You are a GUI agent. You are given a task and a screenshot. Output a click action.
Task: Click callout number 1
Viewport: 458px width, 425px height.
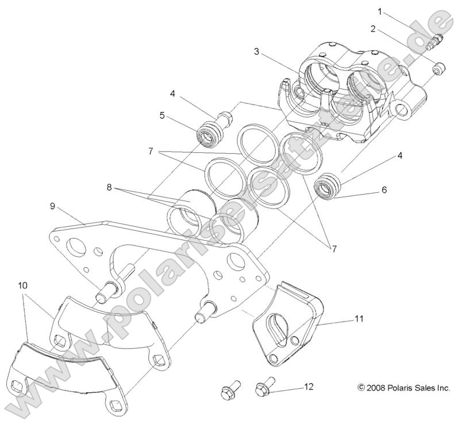[x=380, y=11]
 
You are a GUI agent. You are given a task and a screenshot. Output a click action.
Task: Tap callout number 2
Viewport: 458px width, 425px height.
[x=373, y=28]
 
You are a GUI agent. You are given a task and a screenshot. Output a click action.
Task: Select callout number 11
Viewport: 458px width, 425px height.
[x=359, y=318]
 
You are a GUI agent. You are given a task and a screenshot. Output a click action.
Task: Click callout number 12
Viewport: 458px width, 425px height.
[x=309, y=387]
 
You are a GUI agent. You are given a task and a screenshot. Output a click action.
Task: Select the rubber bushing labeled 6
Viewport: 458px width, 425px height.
[x=329, y=187]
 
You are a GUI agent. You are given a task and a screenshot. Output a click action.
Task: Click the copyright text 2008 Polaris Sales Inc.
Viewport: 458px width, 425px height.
[x=403, y=388]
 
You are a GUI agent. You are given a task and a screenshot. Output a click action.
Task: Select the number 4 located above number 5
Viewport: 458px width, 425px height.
[x=172, y=93]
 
